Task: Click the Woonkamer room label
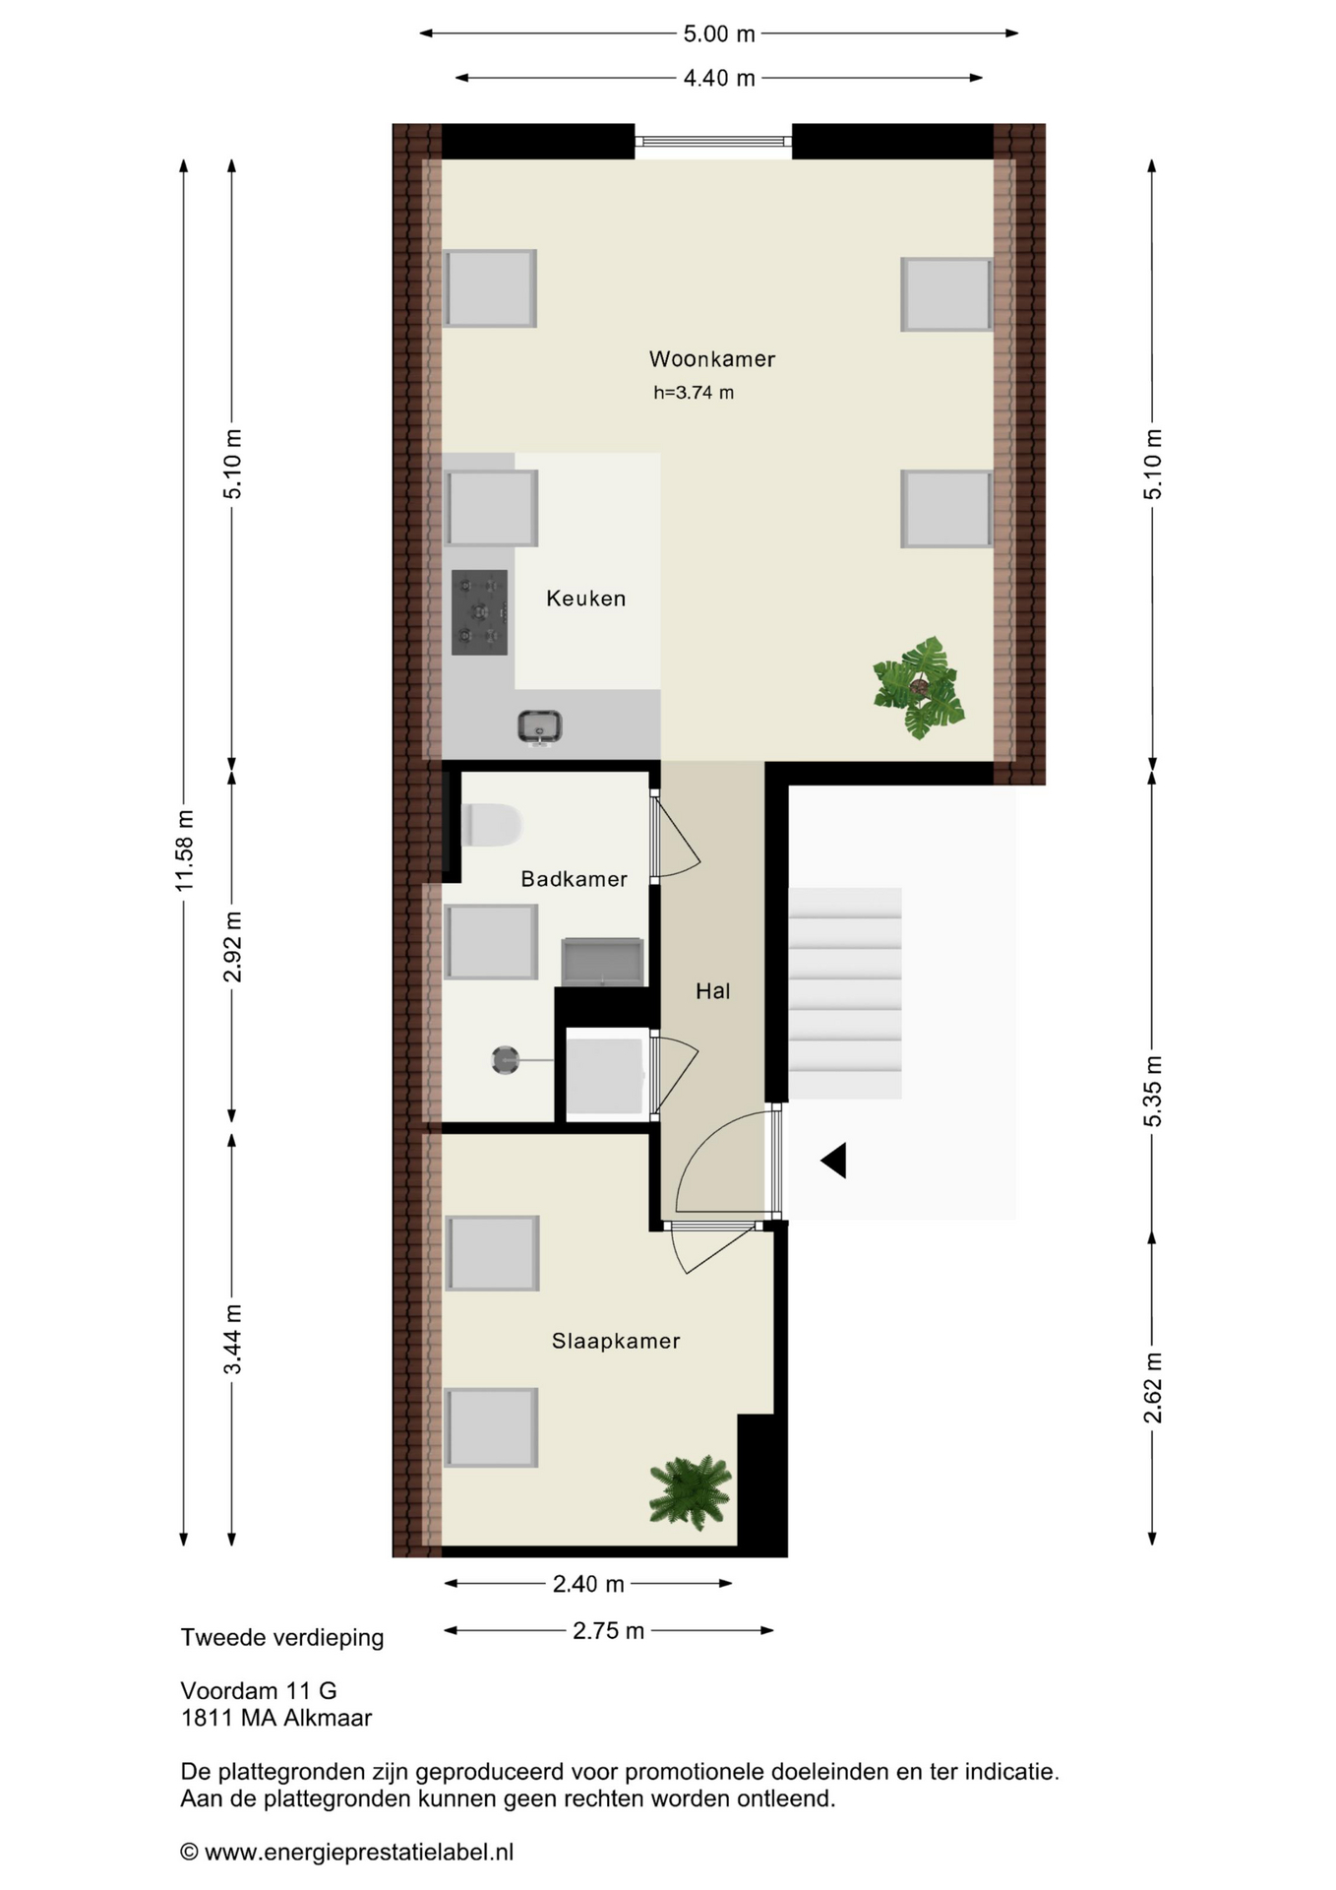tap(711, 359)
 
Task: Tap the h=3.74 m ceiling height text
tap(694, 393)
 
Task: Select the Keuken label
tap(585, 598)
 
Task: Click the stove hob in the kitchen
tap(480, 612)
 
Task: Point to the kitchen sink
tap(539, 727)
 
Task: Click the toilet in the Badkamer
tap(491, 825)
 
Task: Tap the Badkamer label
tap(574, 879)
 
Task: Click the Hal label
tap(712, 991)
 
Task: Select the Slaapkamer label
tap(616, 1341)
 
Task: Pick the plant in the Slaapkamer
tap(690, 1492)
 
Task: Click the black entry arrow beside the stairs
tap(834, 1161)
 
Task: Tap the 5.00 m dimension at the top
tap(719, 33)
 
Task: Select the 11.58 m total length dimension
tap(184, 851)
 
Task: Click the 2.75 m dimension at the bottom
tap(608, 1631)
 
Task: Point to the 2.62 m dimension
tap(1153, 1388)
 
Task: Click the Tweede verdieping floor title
tap(282, 1638)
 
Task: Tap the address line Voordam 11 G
tap(259, 1691)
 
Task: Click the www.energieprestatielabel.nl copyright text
tap(347, 1853)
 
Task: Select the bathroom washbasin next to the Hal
tap(603, 962)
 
